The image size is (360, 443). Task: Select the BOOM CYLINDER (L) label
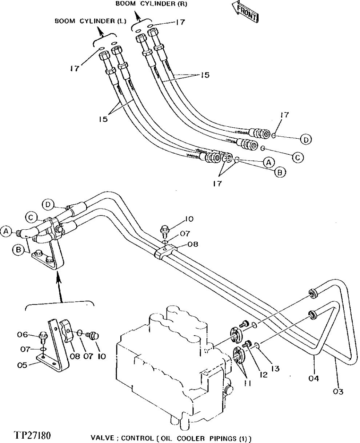click(x=90, y=21)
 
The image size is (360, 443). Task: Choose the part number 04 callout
click(x=314, y=379)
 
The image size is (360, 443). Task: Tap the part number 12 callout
click(x=264, y=375)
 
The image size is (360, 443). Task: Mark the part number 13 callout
click(x=275, y=368)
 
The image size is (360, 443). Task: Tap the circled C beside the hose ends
click(x=297, y=157)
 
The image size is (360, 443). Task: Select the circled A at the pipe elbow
click(x=5, y=230)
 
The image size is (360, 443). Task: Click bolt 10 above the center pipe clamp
click(x=164, y=230)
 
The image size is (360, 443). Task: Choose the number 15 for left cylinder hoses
click(x=104, y=119)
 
